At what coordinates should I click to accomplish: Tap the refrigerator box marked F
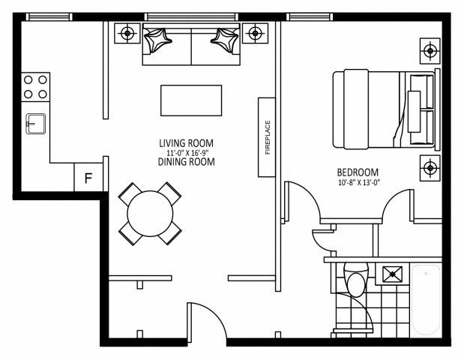click(88, 178)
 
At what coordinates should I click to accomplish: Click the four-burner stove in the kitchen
click(34, 87)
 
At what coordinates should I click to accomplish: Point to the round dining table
click(150, 214)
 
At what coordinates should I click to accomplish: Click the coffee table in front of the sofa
click(191, 100)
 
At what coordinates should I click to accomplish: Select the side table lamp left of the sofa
click(128, 33)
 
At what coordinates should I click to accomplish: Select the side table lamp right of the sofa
click(256, 33)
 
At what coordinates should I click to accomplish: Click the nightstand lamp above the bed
click(430, 51)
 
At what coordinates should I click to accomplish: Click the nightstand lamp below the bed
click(430, 168)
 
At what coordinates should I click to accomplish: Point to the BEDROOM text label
click(358, 171)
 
